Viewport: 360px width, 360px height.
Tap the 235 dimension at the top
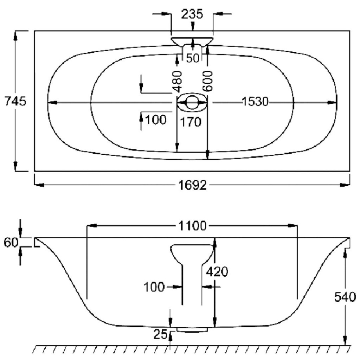pyautogui.click(x=192, y=14)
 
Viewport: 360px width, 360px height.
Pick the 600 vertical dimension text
pyautogui.click(x=208, y=81)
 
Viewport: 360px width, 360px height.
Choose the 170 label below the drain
pyautogui.click(x=191, y=122)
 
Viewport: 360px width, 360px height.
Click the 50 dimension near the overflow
pyautogui.click(x=193, y=58)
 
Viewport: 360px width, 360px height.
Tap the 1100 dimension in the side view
pyautogui.click(x=192, y=227)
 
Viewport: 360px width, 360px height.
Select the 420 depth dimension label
pyautogui.click(x=217, y=271)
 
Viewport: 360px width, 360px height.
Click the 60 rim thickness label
pyautogui.click(x=10, y=242)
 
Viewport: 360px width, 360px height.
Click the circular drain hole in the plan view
pyautogui.click(x=192, y=102)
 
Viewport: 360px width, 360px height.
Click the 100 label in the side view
pyautogui.click(x=154, y=287)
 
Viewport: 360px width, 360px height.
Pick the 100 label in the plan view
pyautogui.click(x=155, y=120)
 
